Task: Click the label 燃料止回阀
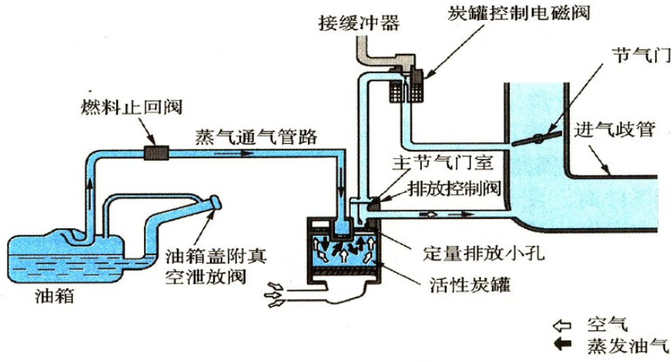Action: tap(122, 104)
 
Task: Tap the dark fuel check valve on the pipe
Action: tap(155, 153)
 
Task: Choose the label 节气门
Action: tap(630, 56)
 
